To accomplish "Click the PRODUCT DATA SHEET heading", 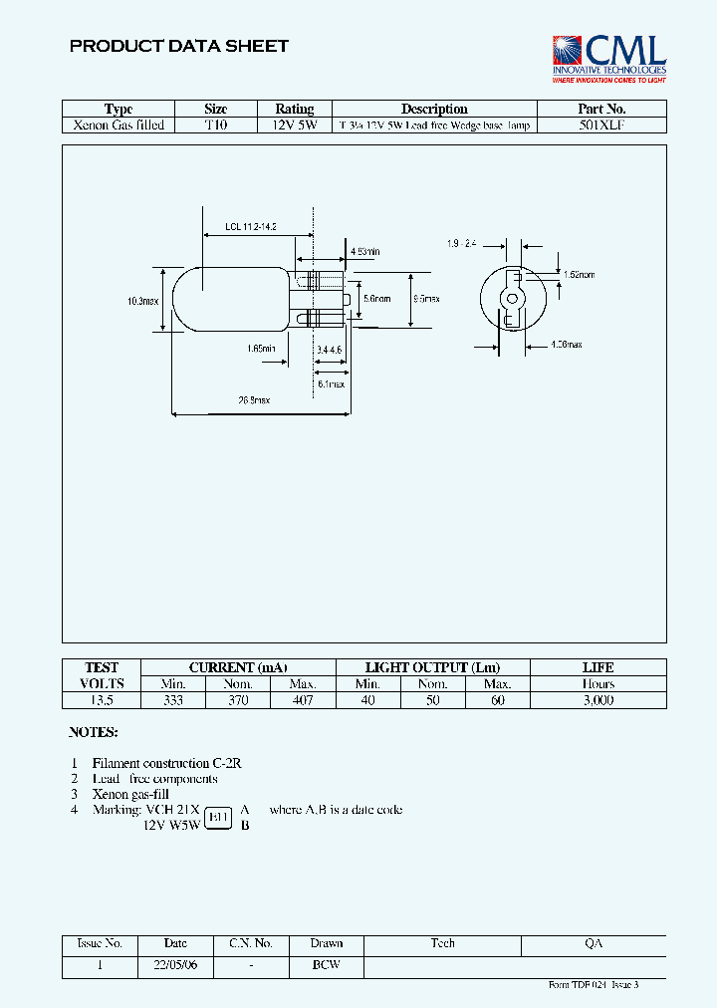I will pos(179,46).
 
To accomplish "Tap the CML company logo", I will pos(608,57).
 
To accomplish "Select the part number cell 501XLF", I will pos(601,126).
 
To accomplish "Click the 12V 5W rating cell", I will pos(294,126).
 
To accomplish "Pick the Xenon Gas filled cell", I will pos(119,126).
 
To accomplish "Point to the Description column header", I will pos(434,109).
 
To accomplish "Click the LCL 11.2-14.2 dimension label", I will pos(250,227).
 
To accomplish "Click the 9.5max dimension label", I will pos(426,298).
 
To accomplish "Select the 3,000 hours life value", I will pos(597,700).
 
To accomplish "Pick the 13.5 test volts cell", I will pos(102,700).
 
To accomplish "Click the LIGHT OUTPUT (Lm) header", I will pos(432,667).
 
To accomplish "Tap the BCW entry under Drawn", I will pos(326,965).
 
